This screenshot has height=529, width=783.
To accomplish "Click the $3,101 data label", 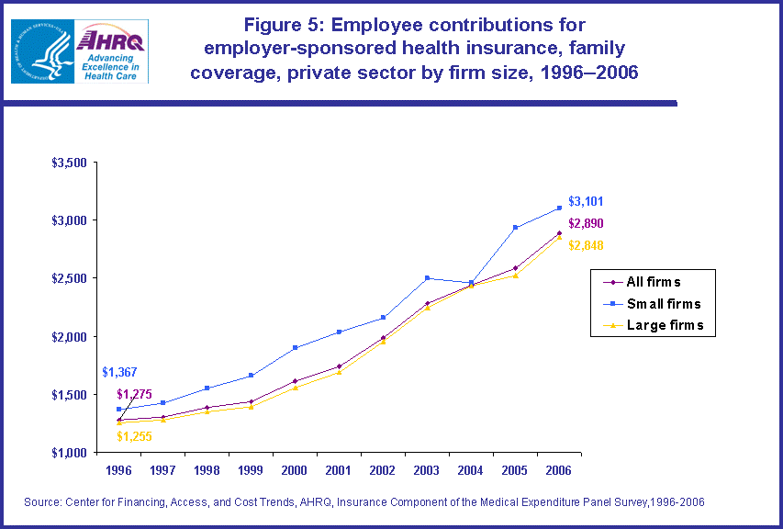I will [x=585, y=201].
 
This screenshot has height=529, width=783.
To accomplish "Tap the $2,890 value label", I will [x=585, y=223].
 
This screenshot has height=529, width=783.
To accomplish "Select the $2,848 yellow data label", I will [x=585, y=245].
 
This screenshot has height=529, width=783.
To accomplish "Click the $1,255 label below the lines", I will [x=134, y=436].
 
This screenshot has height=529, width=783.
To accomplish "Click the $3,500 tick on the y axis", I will [x=70, y=163].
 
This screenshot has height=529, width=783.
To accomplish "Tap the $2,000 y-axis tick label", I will [x=70, y=337].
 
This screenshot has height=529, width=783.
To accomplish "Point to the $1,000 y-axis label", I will [x=70, y=453].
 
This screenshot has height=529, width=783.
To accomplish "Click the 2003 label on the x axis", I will [x=426, y=470].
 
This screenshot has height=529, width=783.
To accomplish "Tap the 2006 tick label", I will [x=558, y=470].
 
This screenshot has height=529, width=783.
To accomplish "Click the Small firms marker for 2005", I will [x=515, y=227].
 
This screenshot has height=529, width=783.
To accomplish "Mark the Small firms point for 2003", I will [x=427, y=277].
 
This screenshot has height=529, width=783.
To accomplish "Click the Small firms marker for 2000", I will [x=295, y=347].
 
